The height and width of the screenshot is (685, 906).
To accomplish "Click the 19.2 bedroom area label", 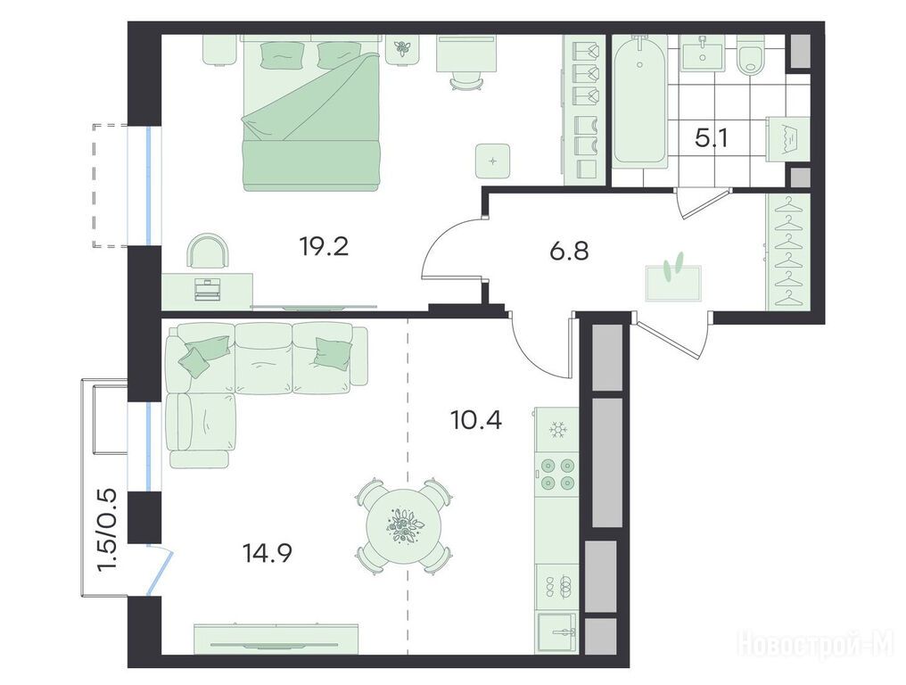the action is [x=324, y=248].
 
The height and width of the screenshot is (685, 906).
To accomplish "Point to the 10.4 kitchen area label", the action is [x=476, y=420].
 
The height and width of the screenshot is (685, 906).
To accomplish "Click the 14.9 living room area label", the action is [x=267, y=553].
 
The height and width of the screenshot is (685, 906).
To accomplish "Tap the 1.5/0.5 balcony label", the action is [x=108, y=531].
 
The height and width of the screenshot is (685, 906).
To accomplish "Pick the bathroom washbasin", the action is [x=703, y=53].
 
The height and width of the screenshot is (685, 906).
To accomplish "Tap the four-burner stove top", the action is [x=556, y=474].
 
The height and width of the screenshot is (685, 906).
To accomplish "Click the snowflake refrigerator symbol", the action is [x=557, y=431].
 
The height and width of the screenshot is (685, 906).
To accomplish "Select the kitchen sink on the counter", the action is [x=556, y=632].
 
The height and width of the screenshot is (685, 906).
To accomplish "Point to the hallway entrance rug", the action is [x=674, y=284].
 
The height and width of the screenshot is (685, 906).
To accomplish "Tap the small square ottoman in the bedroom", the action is [x=492, y=161].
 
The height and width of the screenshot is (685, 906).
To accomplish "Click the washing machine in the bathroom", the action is [x=783, y=140].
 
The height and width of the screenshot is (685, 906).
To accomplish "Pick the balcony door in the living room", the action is [x=160, y=571].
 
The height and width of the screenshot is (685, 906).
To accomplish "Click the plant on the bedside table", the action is [x=401, y=48].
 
